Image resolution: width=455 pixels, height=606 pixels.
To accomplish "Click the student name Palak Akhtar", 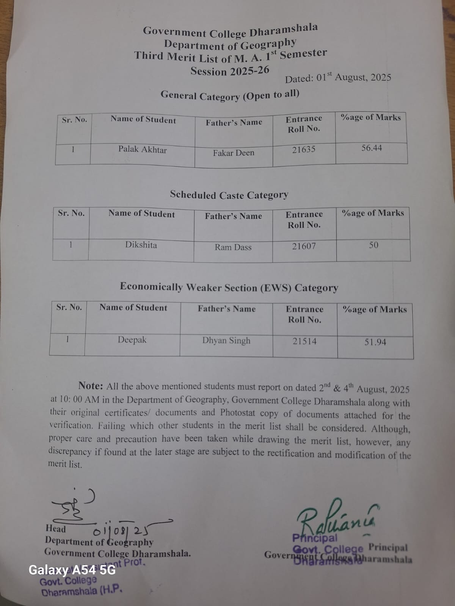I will coord(143,150).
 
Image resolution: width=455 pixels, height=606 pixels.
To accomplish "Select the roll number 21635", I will coord(303,150).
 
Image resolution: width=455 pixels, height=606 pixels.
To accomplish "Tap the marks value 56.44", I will coord(372,148).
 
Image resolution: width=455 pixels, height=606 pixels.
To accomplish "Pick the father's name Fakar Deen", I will coord(234,153).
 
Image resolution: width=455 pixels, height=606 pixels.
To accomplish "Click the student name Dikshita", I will coord(141,245).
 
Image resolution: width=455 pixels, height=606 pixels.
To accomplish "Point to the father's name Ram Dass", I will coord(233,247).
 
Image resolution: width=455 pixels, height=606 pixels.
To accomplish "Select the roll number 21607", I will coord(304,246).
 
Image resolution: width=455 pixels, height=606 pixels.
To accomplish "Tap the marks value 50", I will coord(373,245).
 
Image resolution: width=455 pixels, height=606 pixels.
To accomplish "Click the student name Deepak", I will coord(132,340).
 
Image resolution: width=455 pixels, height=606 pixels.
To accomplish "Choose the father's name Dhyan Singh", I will coord(226,340).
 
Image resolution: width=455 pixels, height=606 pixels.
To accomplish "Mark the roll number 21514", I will coord(304,341).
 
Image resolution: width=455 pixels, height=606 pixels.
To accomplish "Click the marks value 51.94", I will coord(375,342).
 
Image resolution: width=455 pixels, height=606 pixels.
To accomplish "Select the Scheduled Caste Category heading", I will coord(229,195).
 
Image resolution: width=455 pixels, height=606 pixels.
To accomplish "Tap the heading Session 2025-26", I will coord(230,71).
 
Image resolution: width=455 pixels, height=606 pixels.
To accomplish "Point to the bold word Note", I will coord(91,386).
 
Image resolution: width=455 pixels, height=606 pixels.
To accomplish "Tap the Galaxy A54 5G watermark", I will coord(72,570).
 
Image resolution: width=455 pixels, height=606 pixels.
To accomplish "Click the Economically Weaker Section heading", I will coord(229,287).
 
